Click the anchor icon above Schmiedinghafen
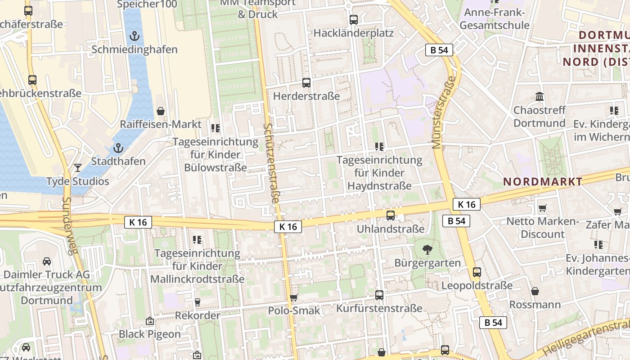(x=134, y=36)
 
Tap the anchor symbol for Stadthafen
(x=118, y=147)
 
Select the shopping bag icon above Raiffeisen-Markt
(x=161, y=111)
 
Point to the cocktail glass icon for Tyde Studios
(x=78, y=167)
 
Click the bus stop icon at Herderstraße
(x=306, y=82)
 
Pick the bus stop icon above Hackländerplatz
(x=354, y=19)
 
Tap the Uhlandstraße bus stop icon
(x=391, y=215)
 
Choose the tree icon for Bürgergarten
(x=427, y=249)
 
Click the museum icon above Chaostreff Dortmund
(x=540, y=96)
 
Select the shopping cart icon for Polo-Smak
(x=294, y=297)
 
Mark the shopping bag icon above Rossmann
(x=535, y=291)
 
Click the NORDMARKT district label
(x=543, y=182)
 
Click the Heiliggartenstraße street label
(x=585, y=337)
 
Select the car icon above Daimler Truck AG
(x=47, y=261)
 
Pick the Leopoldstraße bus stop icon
(x=477, y=272)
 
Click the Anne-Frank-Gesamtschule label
(x=495, y=18)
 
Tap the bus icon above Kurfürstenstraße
(x=379, y=295)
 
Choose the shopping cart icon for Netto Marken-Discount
(x=542, y=208)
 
